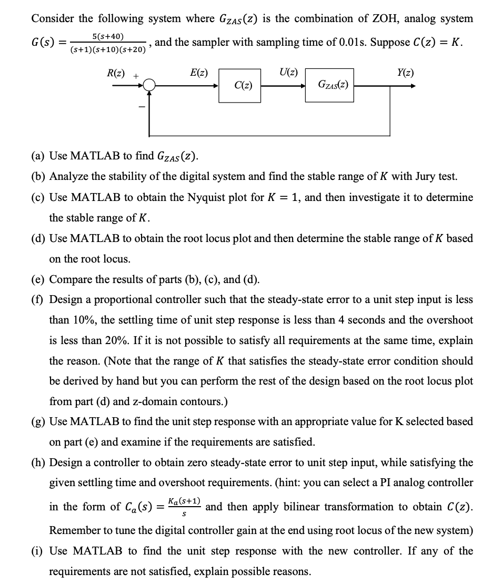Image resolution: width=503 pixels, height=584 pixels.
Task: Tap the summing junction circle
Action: [150, 84]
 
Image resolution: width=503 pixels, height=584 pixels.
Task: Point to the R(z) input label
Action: [116, 72]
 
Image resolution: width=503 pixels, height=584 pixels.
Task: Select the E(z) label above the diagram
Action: [198, 72]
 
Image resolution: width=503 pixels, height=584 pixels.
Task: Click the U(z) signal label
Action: [289, 72]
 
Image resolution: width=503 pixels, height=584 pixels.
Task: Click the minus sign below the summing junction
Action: [140, 108]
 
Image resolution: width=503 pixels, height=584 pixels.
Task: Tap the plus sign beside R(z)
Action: [136, 76]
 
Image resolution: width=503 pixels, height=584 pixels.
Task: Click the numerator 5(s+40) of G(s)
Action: [108, 36]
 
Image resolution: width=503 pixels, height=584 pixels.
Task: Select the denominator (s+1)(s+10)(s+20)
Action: [108, 50]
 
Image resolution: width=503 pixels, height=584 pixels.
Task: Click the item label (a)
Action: [38, 156]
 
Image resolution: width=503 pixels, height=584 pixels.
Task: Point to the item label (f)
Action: [37, 300]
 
